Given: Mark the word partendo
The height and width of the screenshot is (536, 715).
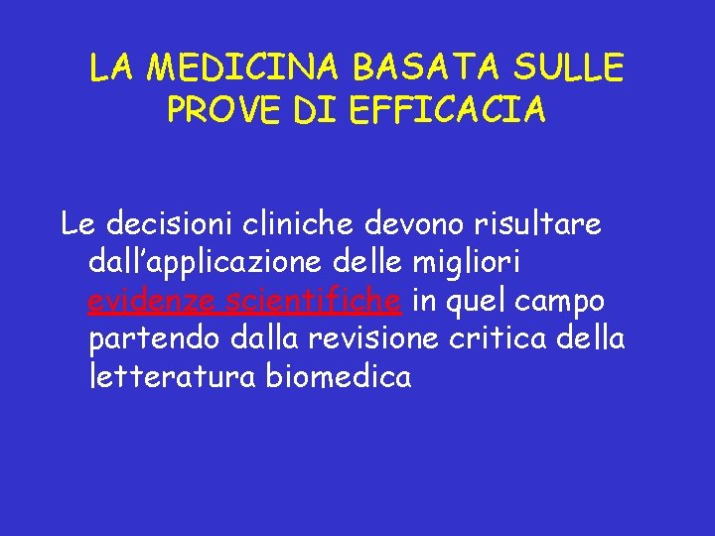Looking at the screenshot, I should click(154, 338).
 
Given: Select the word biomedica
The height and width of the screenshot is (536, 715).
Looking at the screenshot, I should click(339, 376).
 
